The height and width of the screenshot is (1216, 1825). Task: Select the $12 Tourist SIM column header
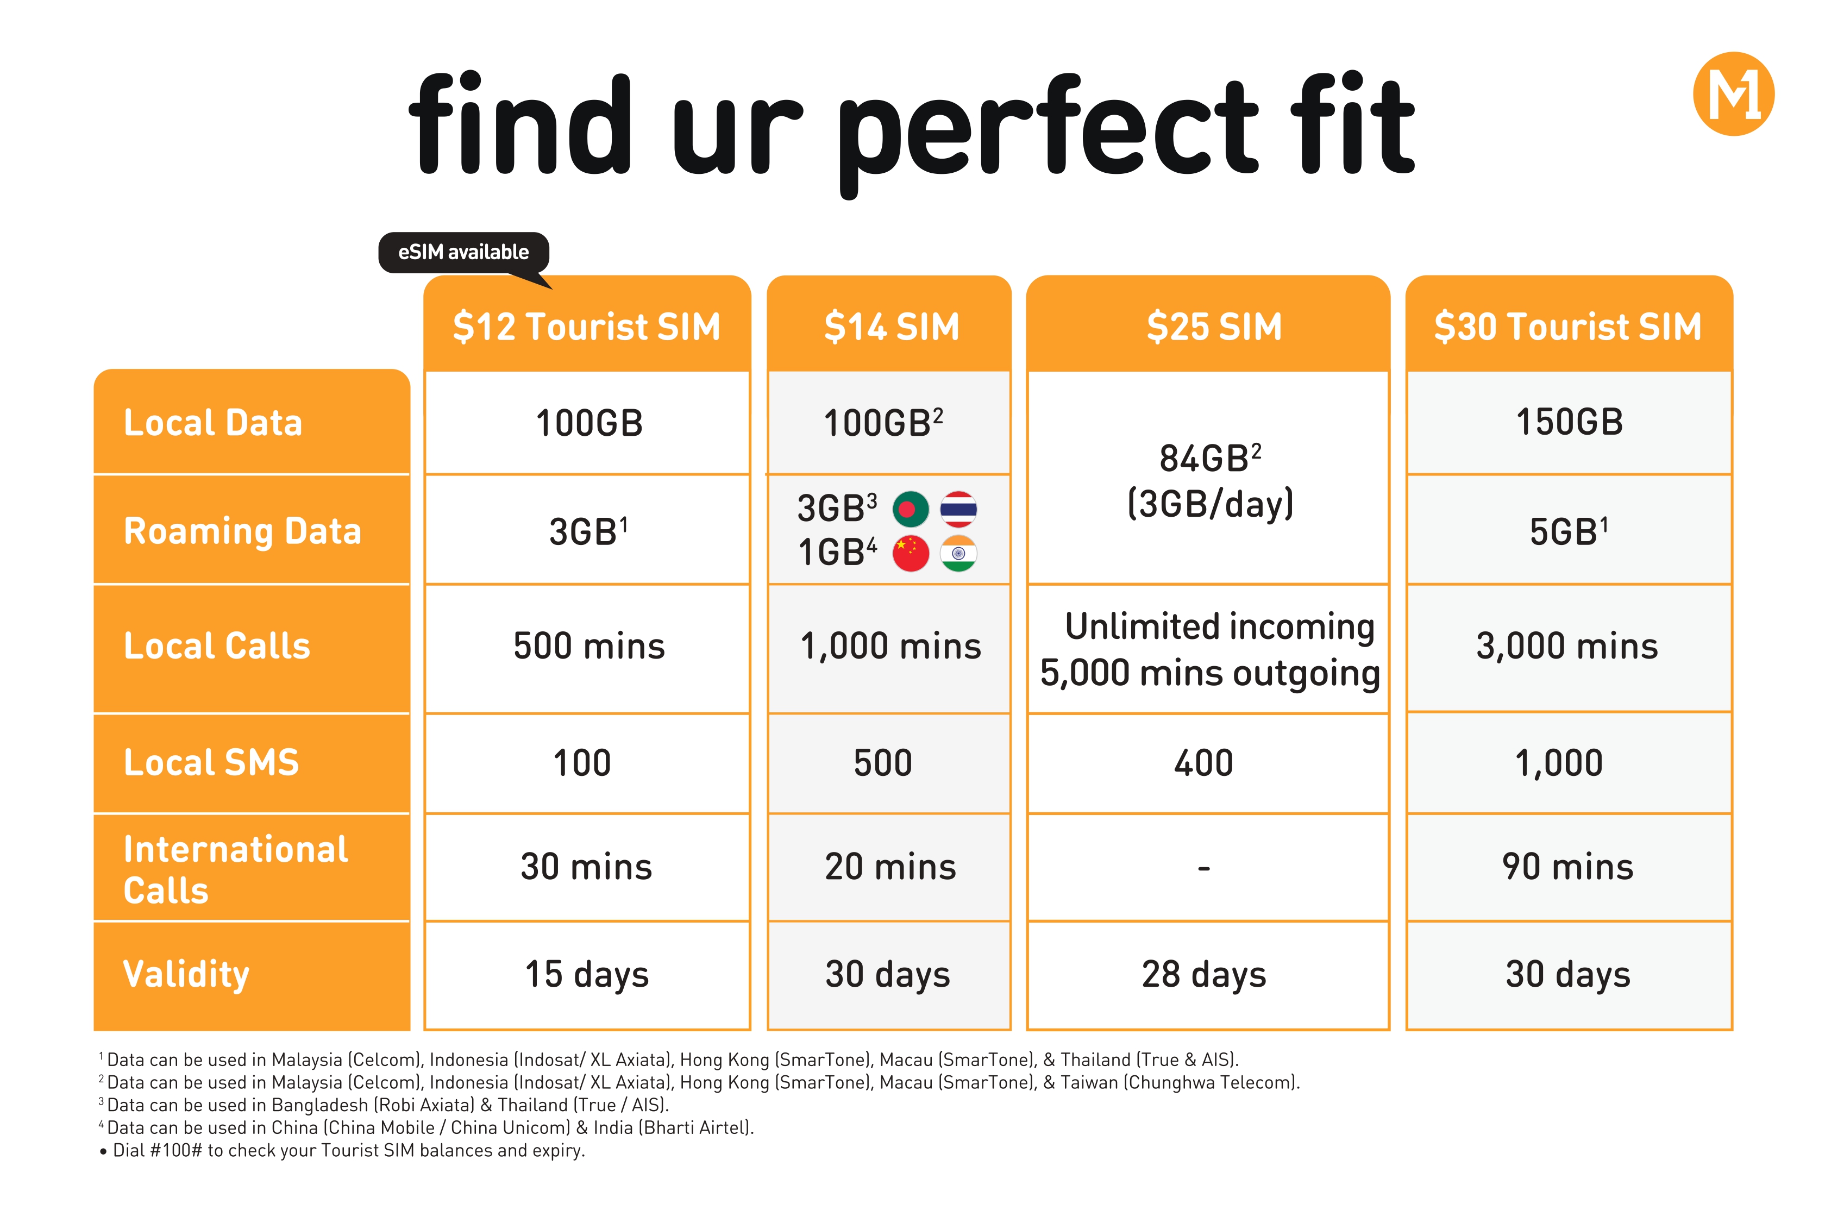(x=587, y=325)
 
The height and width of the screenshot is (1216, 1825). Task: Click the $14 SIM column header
(x=889, y=325)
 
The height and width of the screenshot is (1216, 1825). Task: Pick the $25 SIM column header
(x=1207, y=325)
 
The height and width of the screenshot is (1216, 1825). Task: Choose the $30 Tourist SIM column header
(x=1569, y=325)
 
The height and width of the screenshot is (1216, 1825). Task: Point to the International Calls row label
(x=236, y=869)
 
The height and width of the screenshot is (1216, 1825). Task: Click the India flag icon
(x=958, y=554)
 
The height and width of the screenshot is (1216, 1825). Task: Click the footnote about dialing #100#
(x=342, y=1150)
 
